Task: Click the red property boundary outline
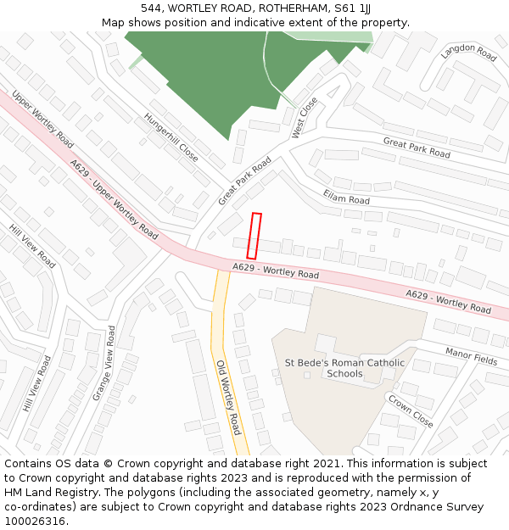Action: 254,236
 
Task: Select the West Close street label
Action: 304,118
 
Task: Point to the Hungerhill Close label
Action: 171,137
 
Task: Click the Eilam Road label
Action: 346,197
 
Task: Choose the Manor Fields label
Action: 471,355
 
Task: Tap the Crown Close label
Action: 411,410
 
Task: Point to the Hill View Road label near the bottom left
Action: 37,384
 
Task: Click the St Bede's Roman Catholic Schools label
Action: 344,368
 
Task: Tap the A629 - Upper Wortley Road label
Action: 114,198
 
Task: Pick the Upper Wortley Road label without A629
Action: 43,116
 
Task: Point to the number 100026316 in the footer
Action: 35,521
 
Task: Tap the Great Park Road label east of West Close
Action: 417,148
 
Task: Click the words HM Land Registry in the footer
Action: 48,492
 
